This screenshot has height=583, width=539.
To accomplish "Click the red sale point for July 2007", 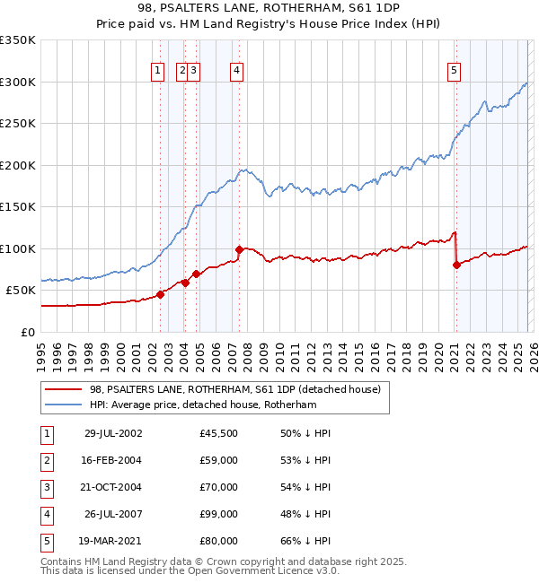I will (239, 249).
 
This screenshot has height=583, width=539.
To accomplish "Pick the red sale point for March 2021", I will (456, 265).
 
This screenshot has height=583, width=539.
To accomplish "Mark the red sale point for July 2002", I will (161, 293).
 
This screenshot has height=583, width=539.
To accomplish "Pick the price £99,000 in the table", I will (219, 514).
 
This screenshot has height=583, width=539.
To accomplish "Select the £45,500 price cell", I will (219, 433).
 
